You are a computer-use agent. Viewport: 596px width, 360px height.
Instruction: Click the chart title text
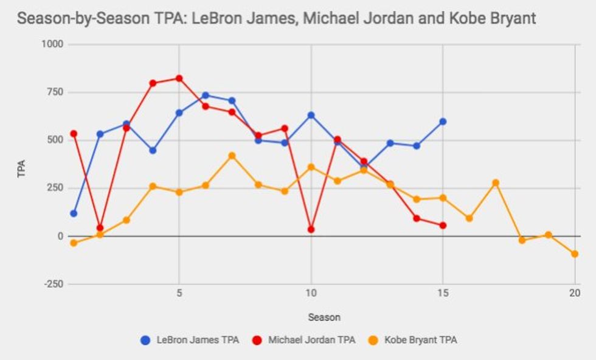(x=277, y=18)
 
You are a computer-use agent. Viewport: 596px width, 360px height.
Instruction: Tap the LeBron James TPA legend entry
(x=189, y=339)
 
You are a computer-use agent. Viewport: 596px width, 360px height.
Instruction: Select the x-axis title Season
(x=324, y=317)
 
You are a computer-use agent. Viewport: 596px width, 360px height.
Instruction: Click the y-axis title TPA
(x=23, y=168)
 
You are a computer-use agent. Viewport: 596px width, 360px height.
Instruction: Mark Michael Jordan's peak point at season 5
(x=179, y=78)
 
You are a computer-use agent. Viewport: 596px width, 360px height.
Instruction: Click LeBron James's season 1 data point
(x=74, y=213)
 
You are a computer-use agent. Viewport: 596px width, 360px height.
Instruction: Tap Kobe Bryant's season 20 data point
(x=575, y=254)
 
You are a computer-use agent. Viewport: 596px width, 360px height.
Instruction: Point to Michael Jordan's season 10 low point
(x=311, y=229)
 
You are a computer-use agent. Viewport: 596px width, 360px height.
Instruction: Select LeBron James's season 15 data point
(x=443, y=122)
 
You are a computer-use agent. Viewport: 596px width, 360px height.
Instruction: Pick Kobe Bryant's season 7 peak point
(x=232, y=156)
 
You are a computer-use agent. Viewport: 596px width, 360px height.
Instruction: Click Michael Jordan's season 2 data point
(x=100, y=228)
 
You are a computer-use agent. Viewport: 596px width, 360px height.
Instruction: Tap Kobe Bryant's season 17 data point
(x=496, y=182)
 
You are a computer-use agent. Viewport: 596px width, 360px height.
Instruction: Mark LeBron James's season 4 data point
(x=153, y=150)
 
